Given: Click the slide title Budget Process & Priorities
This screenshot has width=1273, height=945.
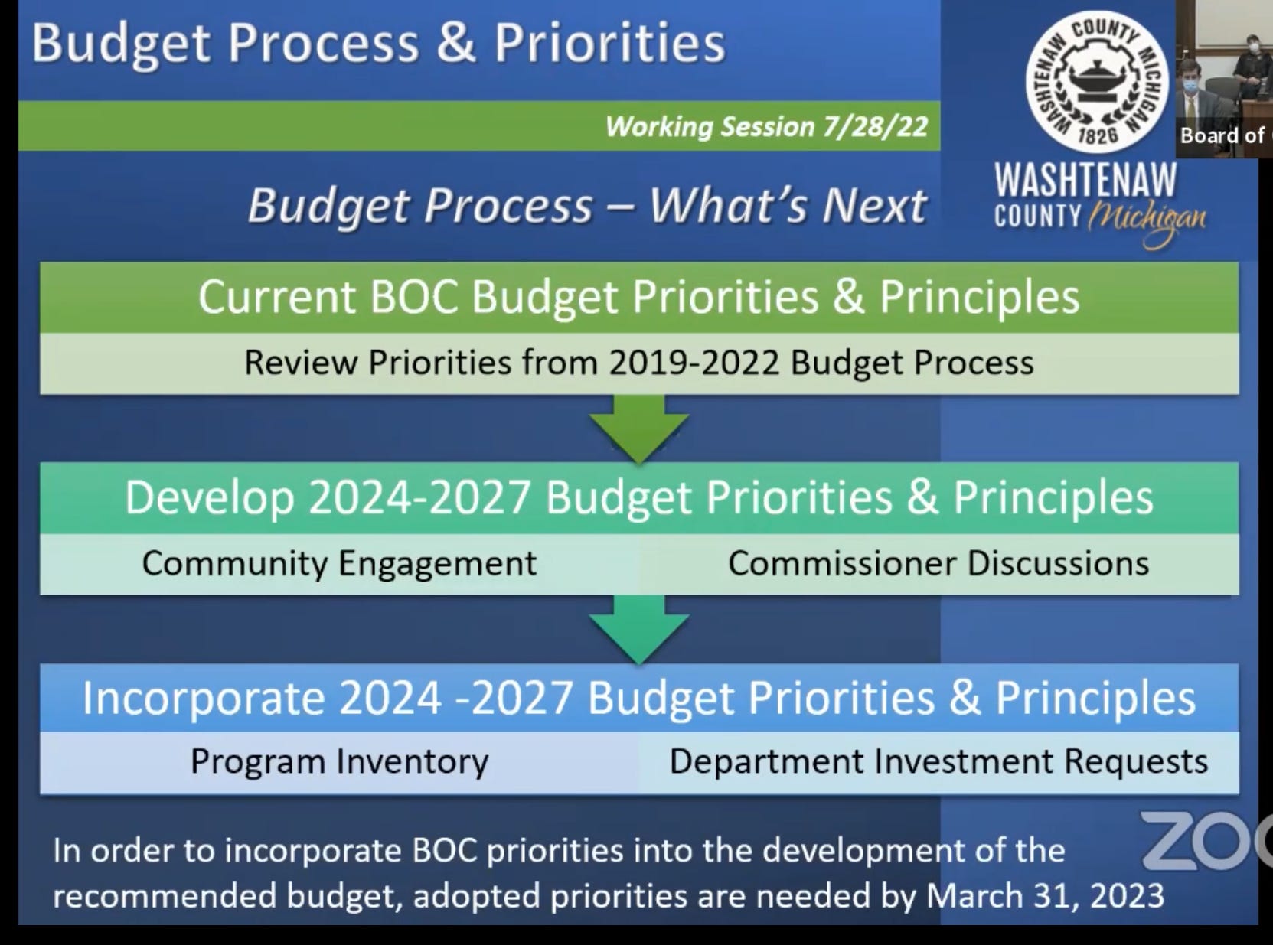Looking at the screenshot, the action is coord(379,44).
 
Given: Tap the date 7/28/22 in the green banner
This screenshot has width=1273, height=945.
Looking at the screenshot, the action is coord(875,126).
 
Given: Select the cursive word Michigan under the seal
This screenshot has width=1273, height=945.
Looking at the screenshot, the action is coord(1146,221).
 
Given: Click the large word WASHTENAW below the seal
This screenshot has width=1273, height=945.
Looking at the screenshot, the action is coord(1085,180).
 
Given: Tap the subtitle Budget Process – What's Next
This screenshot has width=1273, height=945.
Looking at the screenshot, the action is coord(586,205).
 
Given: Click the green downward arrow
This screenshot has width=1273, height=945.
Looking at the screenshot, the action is coord(638,428).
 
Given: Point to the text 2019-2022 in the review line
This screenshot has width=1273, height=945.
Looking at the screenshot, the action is coord(694,363).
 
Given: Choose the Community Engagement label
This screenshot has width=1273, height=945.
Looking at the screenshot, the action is coord(339,564).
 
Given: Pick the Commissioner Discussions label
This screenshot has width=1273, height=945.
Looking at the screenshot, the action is coord(938,563).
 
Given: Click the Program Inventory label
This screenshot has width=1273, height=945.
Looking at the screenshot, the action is coord(339,762).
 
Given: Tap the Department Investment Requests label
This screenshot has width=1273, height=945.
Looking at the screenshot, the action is coord(938,762).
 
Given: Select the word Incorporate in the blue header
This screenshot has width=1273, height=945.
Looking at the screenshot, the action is coord(204,699).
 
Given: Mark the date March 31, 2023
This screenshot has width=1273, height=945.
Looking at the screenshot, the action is coord(1045,896).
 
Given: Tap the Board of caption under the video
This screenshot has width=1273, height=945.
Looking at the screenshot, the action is coord(1222,136).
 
